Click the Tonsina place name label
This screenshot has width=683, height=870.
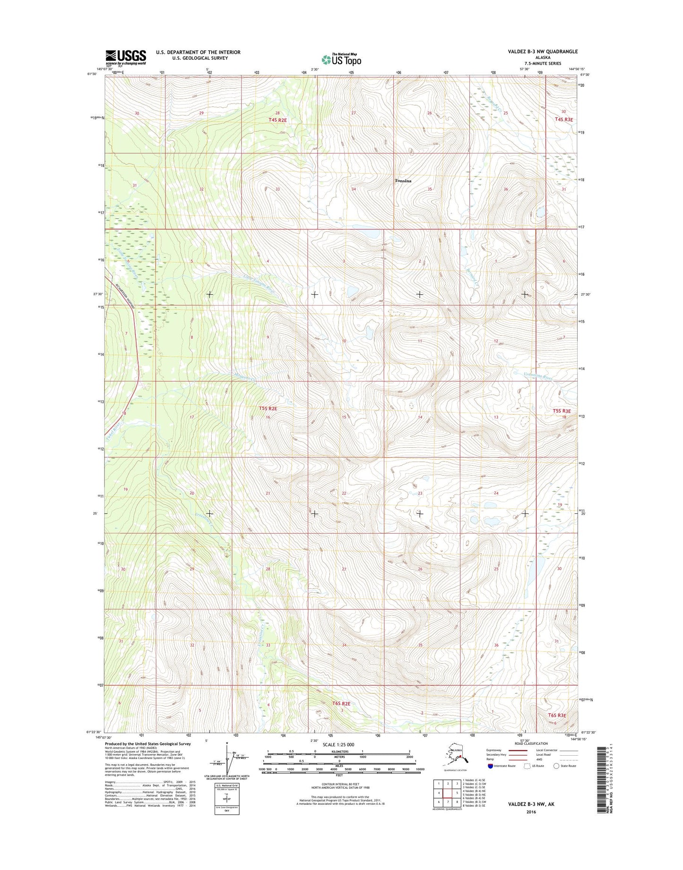403,181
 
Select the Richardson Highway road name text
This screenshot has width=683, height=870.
125,296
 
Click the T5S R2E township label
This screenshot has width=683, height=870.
268,409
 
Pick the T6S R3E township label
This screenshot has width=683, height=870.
557,715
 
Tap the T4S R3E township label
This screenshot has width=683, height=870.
563,119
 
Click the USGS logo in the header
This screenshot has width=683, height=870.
125,57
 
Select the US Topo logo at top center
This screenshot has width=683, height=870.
341,60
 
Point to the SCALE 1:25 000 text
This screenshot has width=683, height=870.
339,745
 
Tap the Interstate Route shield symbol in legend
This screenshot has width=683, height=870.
490,766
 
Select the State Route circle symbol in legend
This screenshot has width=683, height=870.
556,766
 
